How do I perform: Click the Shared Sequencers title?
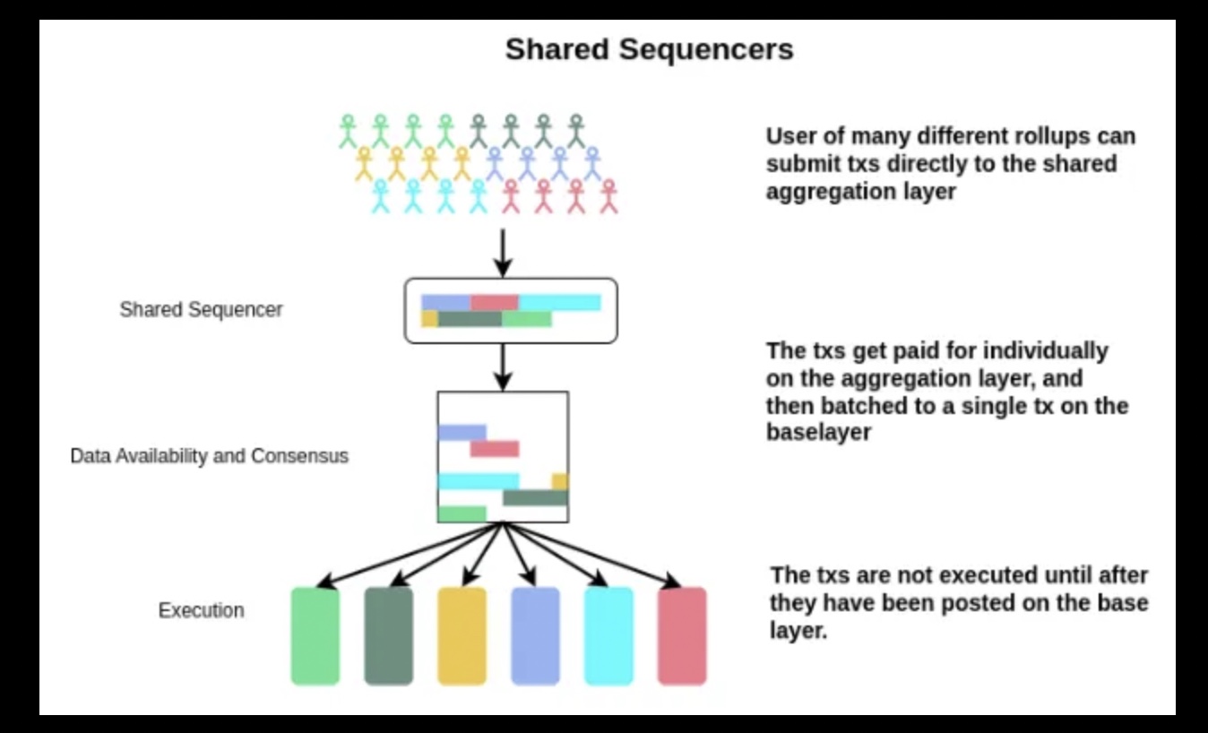(650, 49)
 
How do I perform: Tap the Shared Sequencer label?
(201, 309)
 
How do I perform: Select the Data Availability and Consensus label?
(209, 456)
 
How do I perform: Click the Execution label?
(201, 610)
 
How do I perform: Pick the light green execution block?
(315, 636)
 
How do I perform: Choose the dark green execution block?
(389, 636)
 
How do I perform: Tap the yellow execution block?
(462, 636)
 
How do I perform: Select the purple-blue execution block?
(536, 636)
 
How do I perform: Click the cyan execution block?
(608, 636)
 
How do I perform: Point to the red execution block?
(682, 636)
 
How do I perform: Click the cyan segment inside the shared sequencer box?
(560, 303)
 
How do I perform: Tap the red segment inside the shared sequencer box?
(495, 303)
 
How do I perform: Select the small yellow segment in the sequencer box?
(429, 319)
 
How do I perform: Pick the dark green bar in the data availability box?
(536, 497)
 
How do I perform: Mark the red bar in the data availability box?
(495, 449)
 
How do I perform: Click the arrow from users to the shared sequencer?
(503, 254)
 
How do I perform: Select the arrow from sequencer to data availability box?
(503, 367)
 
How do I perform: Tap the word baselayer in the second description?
(819, 433)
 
